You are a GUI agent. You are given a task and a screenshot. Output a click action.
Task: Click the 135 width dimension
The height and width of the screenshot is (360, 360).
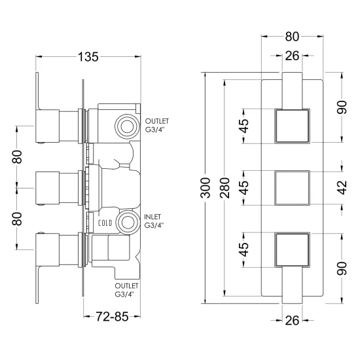click(x=88, y=57)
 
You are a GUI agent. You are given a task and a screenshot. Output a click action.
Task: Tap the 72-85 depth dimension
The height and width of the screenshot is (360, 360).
click(x=112, y=317)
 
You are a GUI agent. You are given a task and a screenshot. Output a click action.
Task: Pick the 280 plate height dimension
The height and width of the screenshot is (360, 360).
click(x=225, y=188)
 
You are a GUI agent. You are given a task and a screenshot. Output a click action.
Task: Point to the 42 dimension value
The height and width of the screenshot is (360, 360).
click(x=342, y=188)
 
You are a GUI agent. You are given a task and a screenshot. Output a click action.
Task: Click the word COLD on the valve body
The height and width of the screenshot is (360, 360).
click(x=105, y=223)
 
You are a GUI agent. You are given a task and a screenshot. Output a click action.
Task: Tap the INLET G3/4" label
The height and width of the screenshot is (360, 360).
click(x=154, y=221)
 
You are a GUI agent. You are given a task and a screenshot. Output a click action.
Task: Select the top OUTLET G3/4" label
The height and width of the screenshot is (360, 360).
click(x=157, y=125)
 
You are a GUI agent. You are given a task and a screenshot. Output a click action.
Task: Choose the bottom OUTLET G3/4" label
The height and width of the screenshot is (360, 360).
click(x=126, y=290)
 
